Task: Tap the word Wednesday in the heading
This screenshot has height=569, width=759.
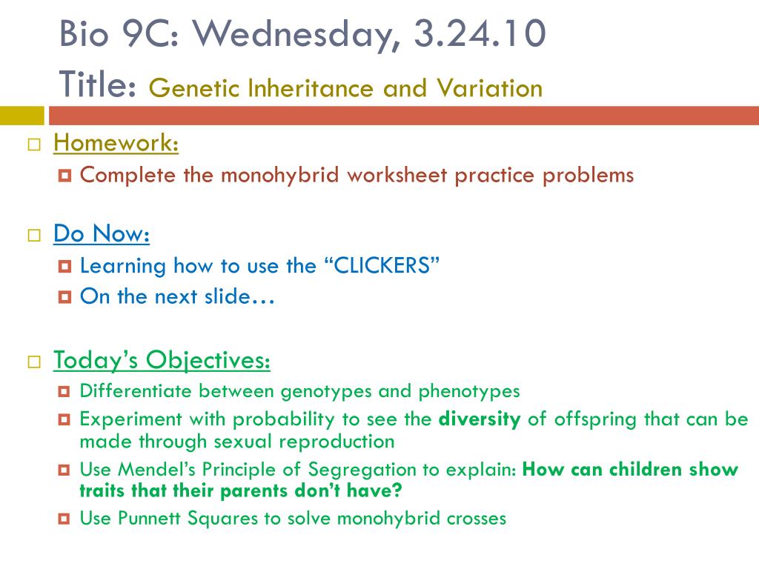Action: [296, 35]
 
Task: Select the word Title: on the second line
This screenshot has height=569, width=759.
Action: [97, 84]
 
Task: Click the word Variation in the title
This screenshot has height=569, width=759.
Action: [489, 88]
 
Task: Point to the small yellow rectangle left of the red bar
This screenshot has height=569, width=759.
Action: [21, 116]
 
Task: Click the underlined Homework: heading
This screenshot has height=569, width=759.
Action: [116, 143]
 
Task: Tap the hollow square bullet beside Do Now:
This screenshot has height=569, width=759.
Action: [34, 235]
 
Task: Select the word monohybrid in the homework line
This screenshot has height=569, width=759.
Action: [279, 175]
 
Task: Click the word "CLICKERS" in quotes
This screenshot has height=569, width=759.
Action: [382, 265]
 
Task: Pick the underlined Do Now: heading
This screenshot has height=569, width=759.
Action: [102, 233]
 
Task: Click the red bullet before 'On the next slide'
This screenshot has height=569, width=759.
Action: [64, 296]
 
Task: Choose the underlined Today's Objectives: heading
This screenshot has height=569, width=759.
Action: [162, 360]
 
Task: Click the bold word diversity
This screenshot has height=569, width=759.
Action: [480, 419]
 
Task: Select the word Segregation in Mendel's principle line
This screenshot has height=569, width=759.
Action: [362, 470]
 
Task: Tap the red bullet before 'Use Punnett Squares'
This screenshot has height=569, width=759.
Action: [64, 519]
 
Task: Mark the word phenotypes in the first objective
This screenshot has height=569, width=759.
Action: [469, 391]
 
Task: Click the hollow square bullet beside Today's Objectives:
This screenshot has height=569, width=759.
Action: [34, 362]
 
